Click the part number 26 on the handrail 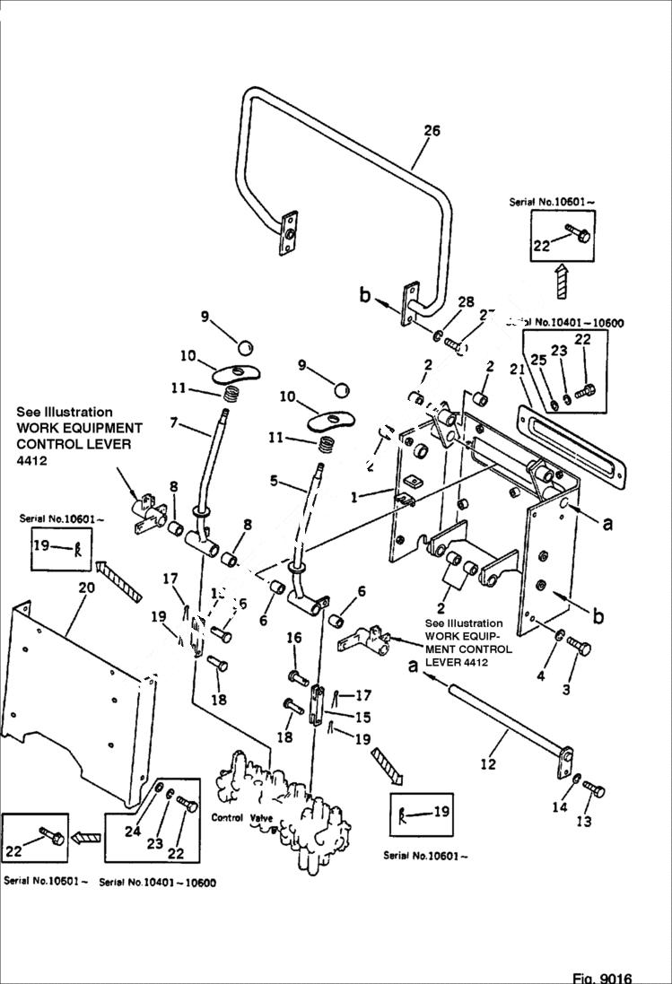(x=432, y=131)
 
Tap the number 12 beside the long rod (x=488, y=764)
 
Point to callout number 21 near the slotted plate (x=516, y=370)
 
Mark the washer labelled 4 (x=558, y=636)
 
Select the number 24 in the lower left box (x=133, y=832)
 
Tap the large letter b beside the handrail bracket (x=365, y=294)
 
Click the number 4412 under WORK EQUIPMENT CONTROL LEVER (x=31, y=461)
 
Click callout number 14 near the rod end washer (x=560, y=807)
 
